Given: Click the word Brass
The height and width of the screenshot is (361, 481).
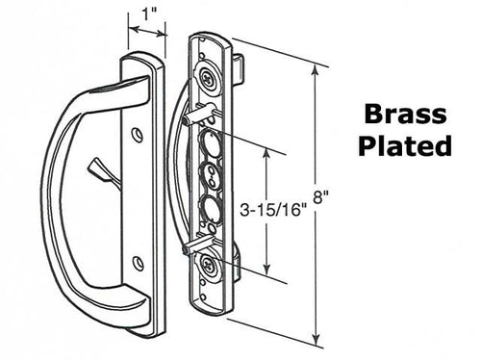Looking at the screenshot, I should tap(404, 116).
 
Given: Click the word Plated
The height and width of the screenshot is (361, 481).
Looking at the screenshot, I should tap(404, 146).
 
